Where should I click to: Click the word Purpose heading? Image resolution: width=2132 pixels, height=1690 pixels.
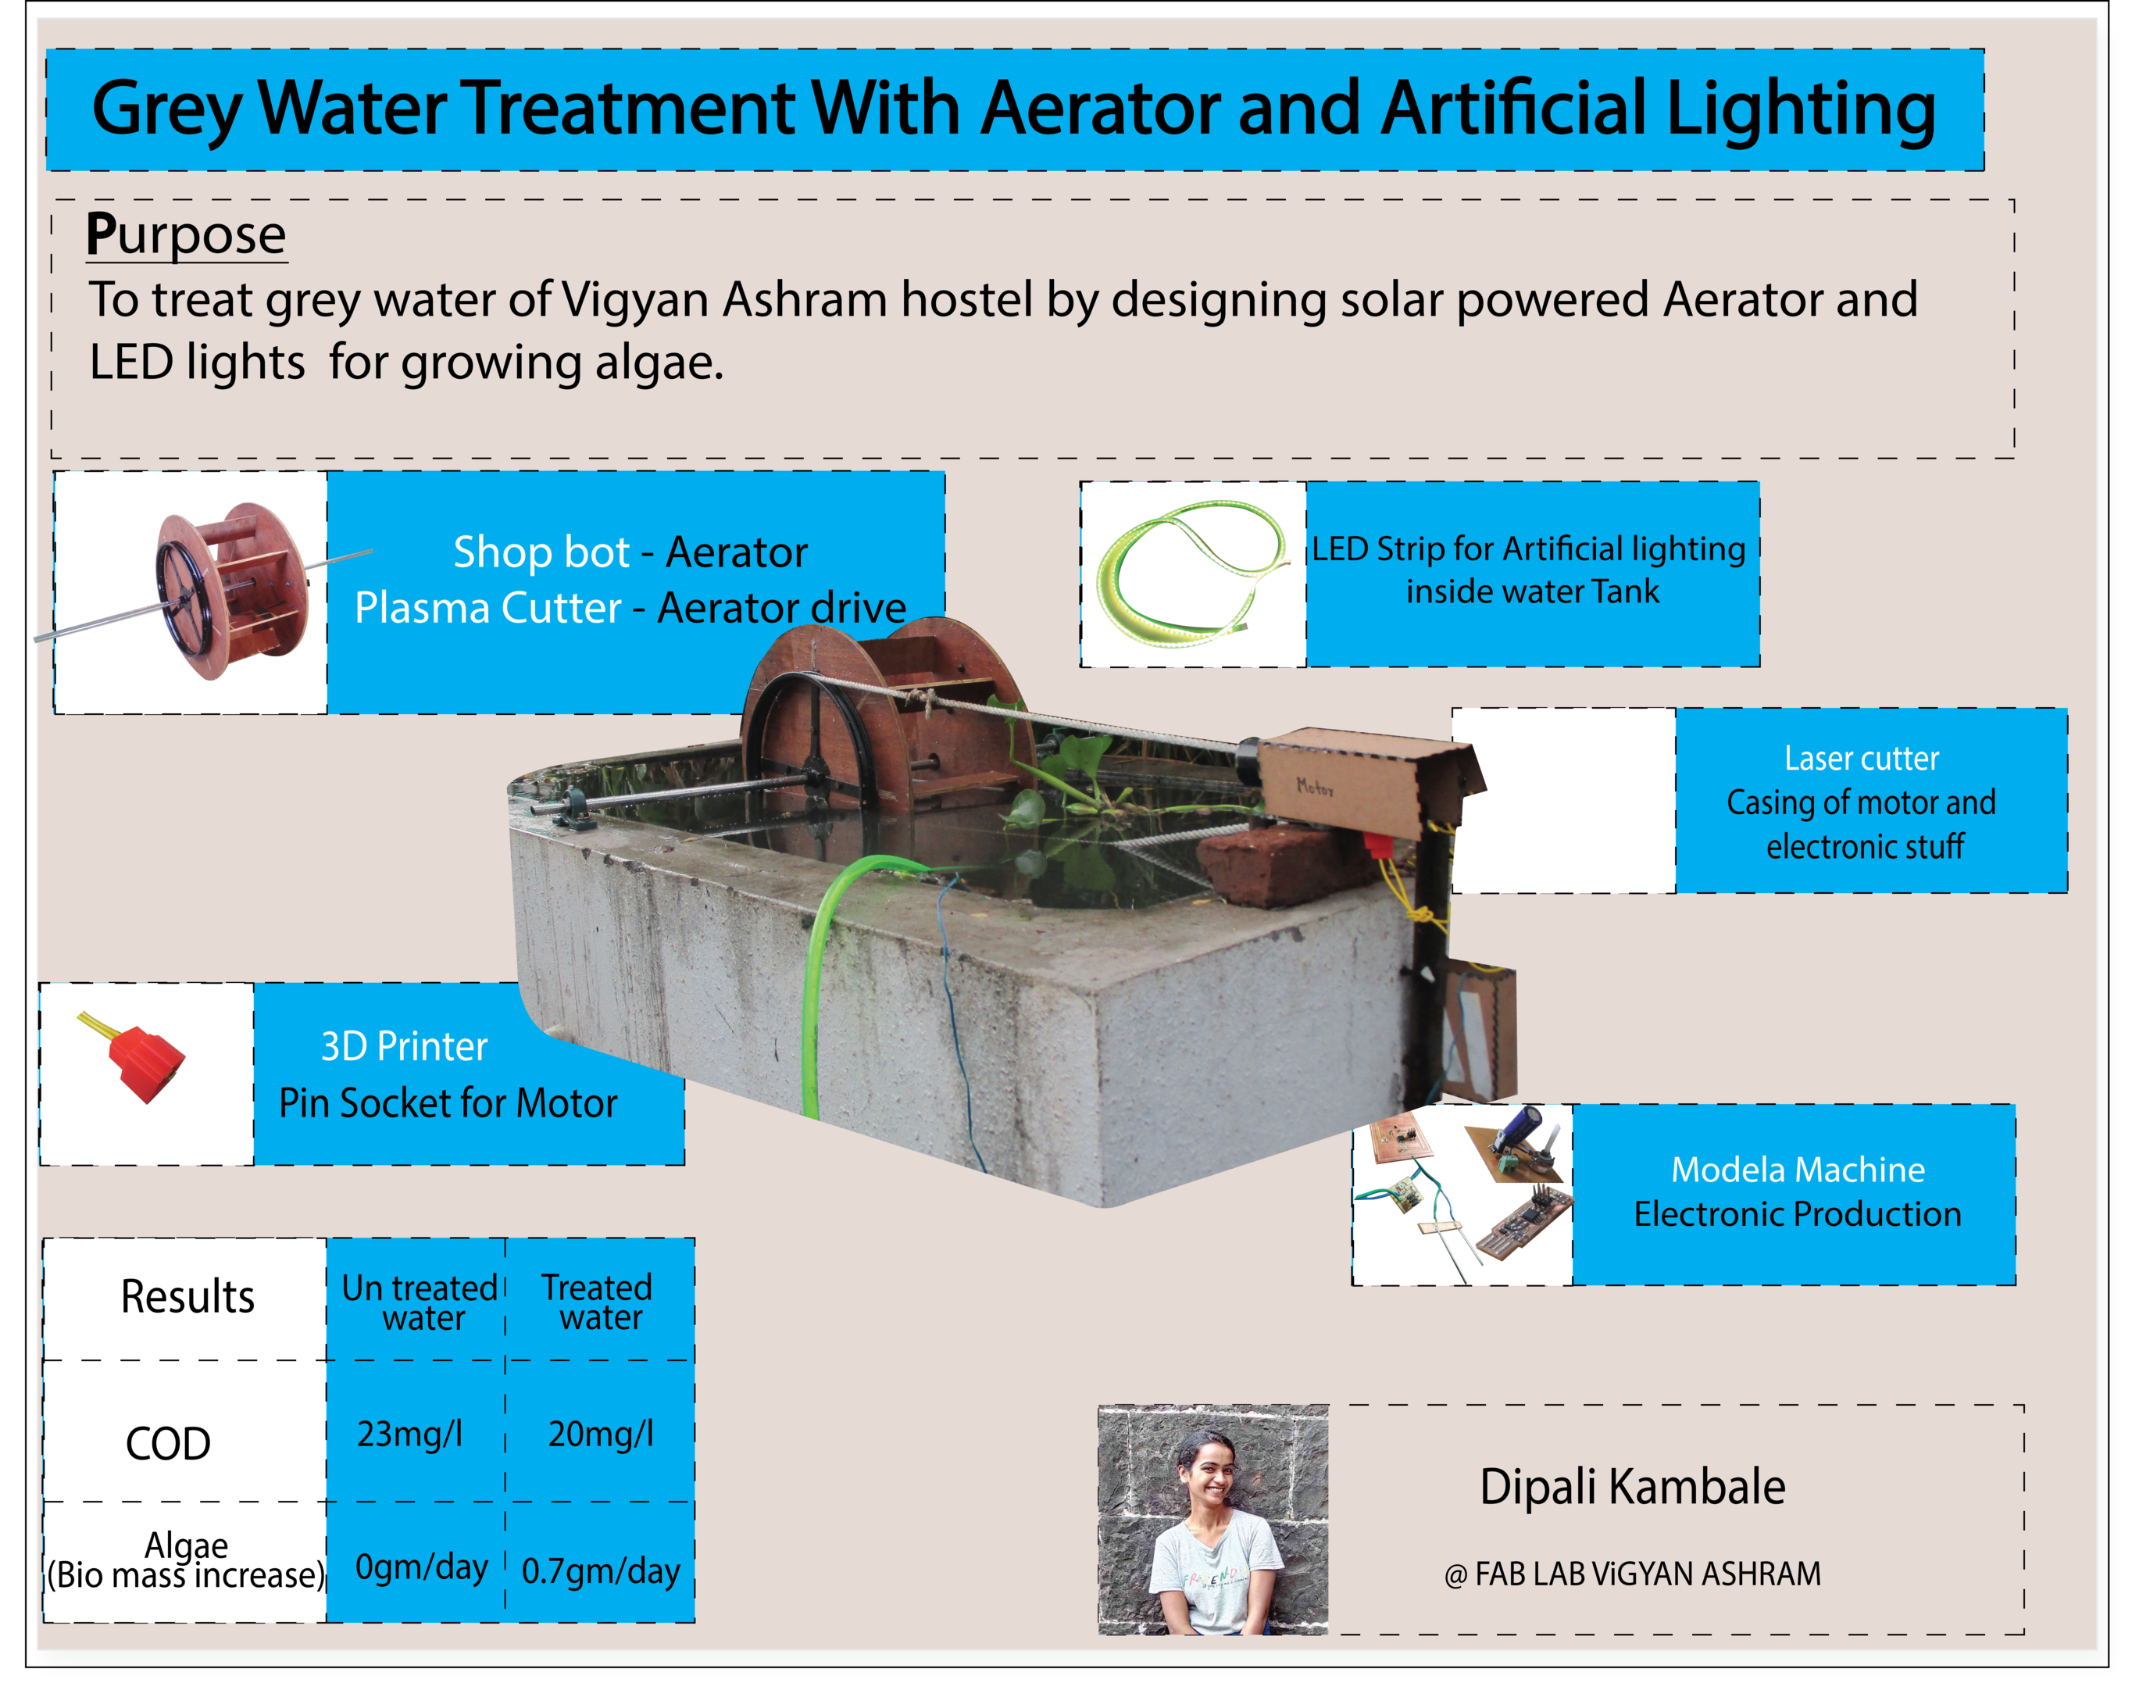point(186,235)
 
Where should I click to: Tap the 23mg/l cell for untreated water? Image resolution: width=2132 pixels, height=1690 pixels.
point(409,1433)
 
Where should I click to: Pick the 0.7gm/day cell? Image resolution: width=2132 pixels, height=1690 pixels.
point(600,1570)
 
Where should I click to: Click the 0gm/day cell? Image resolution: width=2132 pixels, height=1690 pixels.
point(421,1567)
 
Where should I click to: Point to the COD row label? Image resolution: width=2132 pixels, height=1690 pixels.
point(168,1444)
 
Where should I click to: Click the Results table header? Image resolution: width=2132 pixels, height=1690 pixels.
point(187,1296)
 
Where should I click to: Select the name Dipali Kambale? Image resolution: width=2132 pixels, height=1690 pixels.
point(1633,1486)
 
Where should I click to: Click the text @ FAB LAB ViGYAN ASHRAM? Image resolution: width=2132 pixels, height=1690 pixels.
point(1633,1574)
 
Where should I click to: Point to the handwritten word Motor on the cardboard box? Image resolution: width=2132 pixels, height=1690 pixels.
point(1315,787)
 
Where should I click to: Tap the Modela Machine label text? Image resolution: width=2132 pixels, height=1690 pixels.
point(1798,1170)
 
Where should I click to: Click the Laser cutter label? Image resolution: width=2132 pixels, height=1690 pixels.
point(1861,759)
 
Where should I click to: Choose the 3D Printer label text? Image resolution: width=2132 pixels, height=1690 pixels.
point(405,1046)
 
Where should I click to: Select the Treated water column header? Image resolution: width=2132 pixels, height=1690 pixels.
point(598,1302)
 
